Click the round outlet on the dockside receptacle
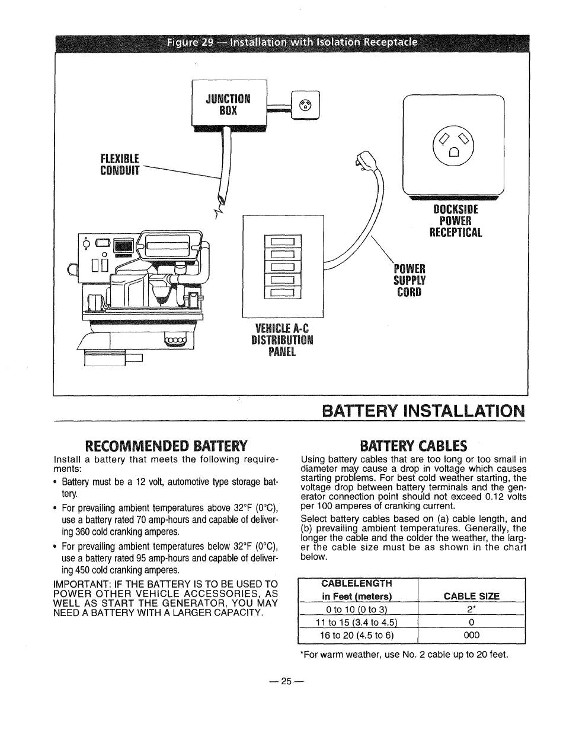point(453,143)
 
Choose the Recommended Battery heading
point(166,445)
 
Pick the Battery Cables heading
point(414,445)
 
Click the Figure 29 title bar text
point(291,43)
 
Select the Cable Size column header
point(472,596)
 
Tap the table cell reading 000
point(472,635)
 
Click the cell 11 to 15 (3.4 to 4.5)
point(357,622)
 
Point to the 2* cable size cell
point(472,610)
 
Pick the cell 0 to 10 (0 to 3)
point(357,610)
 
